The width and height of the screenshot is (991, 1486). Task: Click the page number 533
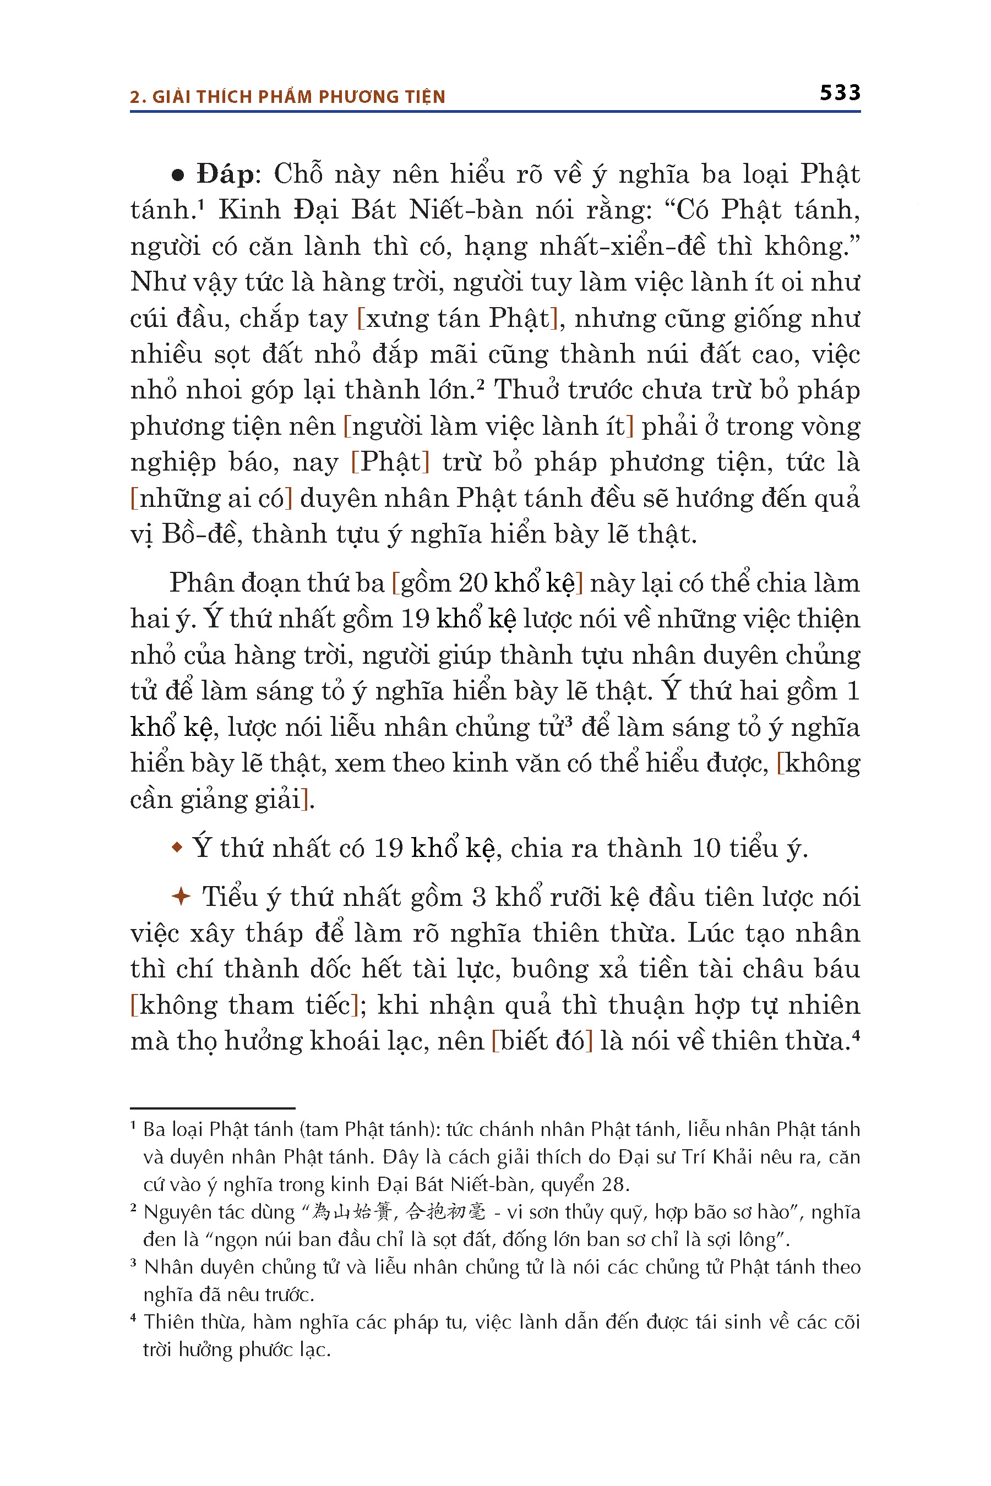tap(840, 93)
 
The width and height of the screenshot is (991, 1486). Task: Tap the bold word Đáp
tap(225, 174)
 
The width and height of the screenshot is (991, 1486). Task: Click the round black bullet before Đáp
tap(178, 176)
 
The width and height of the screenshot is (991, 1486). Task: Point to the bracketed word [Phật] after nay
tap(390, 462)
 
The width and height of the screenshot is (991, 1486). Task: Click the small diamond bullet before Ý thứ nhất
tap(177, 847)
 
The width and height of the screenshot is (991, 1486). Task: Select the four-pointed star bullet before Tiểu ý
tap(181, 897)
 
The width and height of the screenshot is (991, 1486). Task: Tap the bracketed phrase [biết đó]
tap(542, 1041)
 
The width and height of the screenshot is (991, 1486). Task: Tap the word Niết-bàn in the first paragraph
tap(466, 210)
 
